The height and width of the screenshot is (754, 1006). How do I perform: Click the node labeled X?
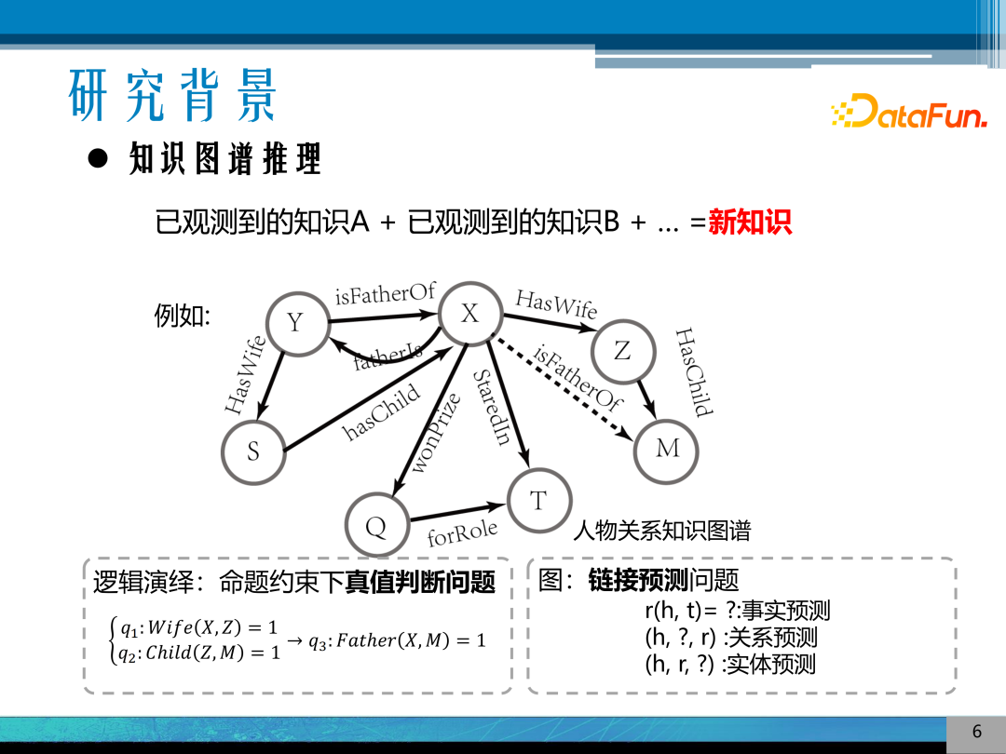pyautogui.click(x=470, y=315)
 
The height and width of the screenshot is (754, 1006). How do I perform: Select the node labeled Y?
pyautogui.click(x=296, y=323)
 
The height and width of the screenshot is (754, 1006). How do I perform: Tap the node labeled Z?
pyautogui.click(x=622, y=351)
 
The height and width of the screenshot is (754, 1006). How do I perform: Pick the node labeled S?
pyautogui.click(x=253, y=452)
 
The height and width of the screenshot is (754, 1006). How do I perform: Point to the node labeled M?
pyautogui.click(x=667, y=450)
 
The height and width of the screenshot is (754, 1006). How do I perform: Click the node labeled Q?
pyautogui.click(x=376, y=528)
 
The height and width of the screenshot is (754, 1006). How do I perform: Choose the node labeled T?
pyautogui.click(x=538, y=502)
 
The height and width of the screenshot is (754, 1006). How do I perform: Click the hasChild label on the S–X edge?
pyautogui.click(x=382, y=412)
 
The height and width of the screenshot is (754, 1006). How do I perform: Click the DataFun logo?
pyautogui.click(x=908, y=112)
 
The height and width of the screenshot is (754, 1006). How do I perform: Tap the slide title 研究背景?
pyautogui.click(x=173, y=95)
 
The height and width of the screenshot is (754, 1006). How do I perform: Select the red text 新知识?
pyautogui.click(x=750, y=222)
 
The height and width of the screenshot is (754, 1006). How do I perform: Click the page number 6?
pyautogui.click(x=976, y=732)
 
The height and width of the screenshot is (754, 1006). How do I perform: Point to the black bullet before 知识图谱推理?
pyautogui.click(x=99, y=158)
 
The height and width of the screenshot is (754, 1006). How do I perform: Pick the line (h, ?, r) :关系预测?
pyautogui.click(x=730, y=638)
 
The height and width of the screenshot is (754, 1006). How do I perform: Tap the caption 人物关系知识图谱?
pyautogui.click(x=661, y=532)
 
